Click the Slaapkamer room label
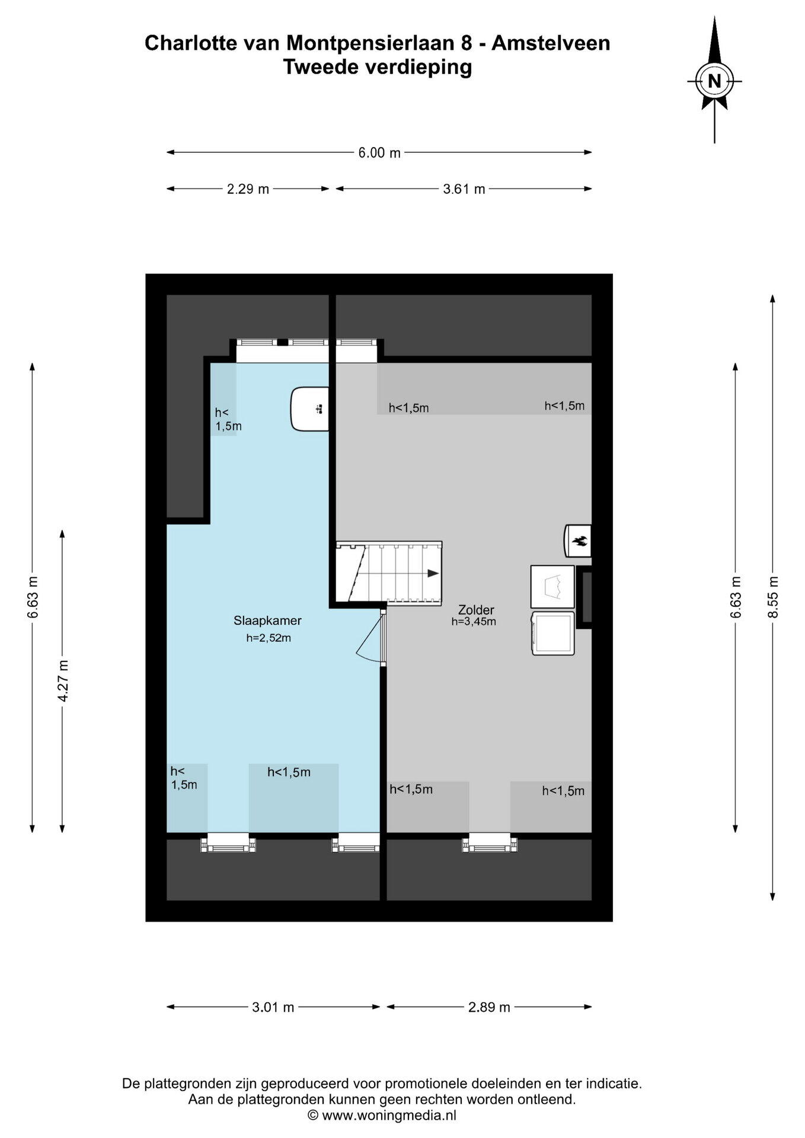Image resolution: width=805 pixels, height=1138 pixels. pos(267,621)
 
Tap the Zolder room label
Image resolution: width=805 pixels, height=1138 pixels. pos(476,610)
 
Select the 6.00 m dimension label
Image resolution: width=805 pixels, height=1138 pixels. pos(379,153)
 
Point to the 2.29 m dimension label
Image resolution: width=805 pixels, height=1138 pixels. pos(248,189)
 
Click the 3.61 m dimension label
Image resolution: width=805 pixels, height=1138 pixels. pos(464,189)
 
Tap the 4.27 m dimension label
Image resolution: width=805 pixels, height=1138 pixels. pos(62,681)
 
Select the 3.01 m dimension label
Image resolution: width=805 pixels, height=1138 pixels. pos(273,1007)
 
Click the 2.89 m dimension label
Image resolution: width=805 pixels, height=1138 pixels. pos(489,1007)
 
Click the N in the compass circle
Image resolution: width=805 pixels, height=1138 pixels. pos(714,81)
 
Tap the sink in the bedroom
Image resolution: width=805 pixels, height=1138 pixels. pos(309,409)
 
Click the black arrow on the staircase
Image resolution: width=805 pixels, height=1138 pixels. pos(433,573)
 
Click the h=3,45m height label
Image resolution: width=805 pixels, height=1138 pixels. pos(474,622)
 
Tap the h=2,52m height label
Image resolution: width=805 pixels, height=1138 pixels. pos(269,638)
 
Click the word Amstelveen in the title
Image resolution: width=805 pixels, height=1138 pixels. pos(551,43)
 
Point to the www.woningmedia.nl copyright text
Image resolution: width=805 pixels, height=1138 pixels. pos(382,1115)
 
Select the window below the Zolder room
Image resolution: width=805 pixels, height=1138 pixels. pos(490,842)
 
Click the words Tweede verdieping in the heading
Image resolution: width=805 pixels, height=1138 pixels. pos(378,67)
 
